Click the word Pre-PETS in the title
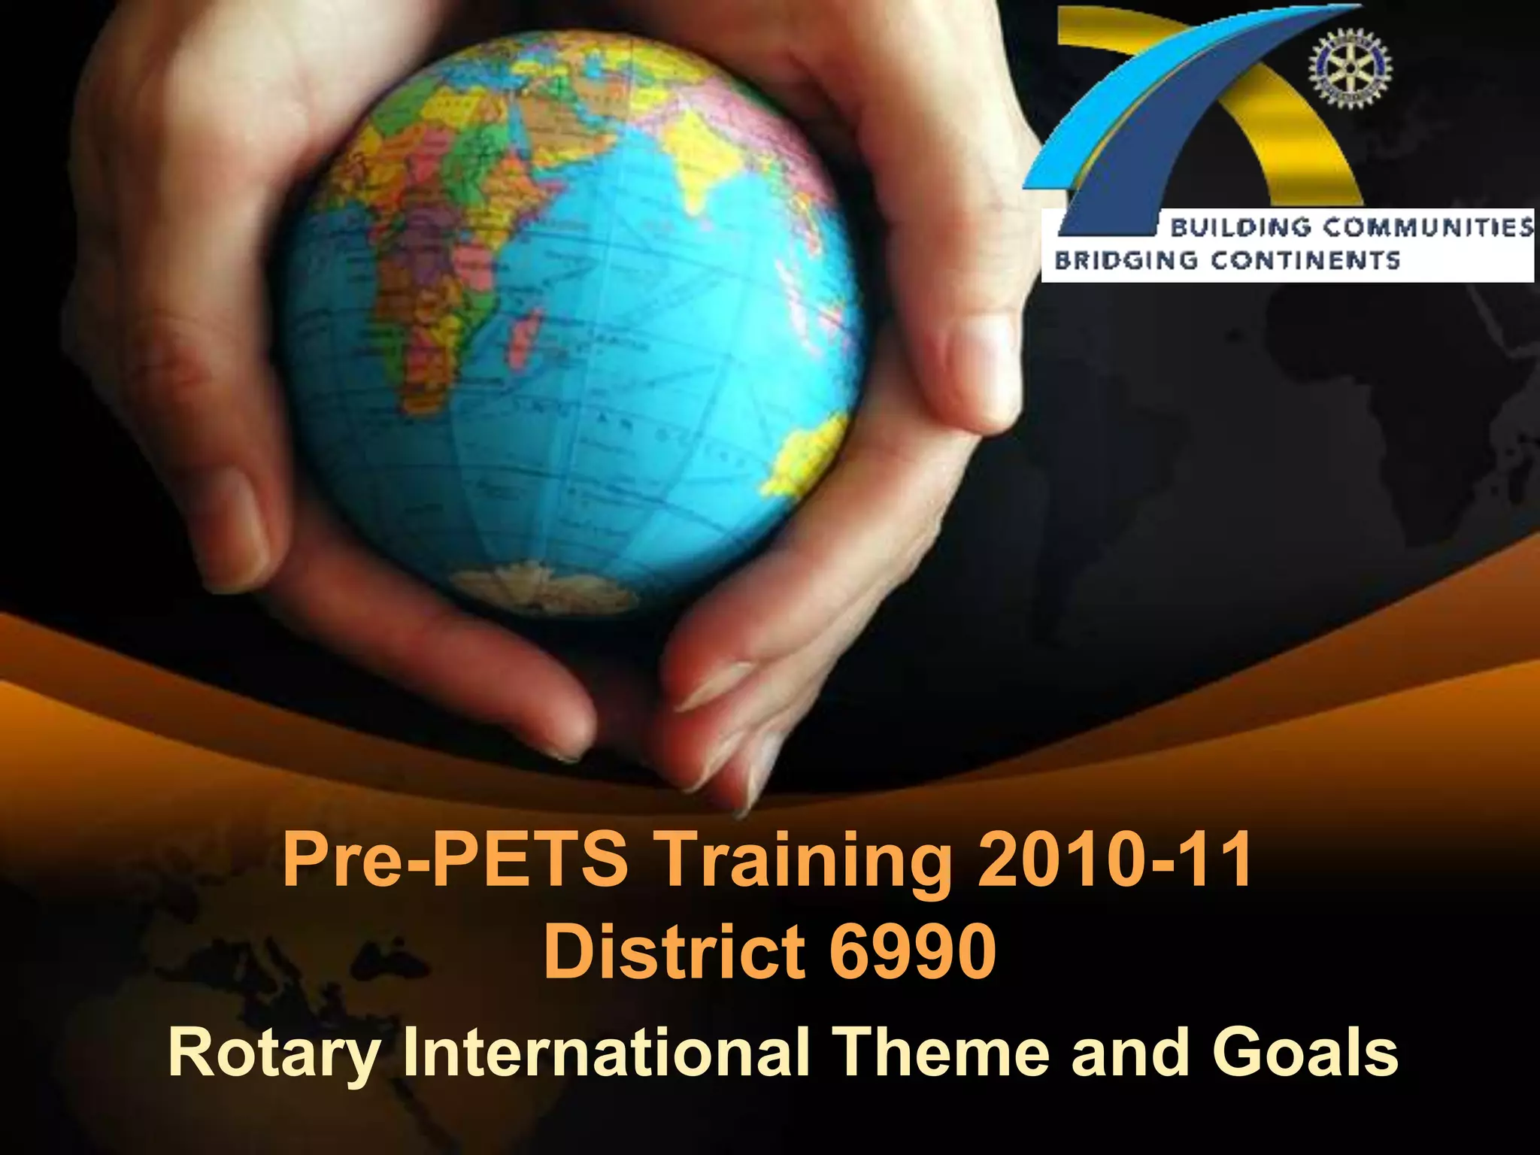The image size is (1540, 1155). [454, 859]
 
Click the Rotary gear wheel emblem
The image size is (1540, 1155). [1351, 69]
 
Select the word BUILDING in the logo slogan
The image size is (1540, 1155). [1240, 227]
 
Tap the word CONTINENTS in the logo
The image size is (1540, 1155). [1305, 260]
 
